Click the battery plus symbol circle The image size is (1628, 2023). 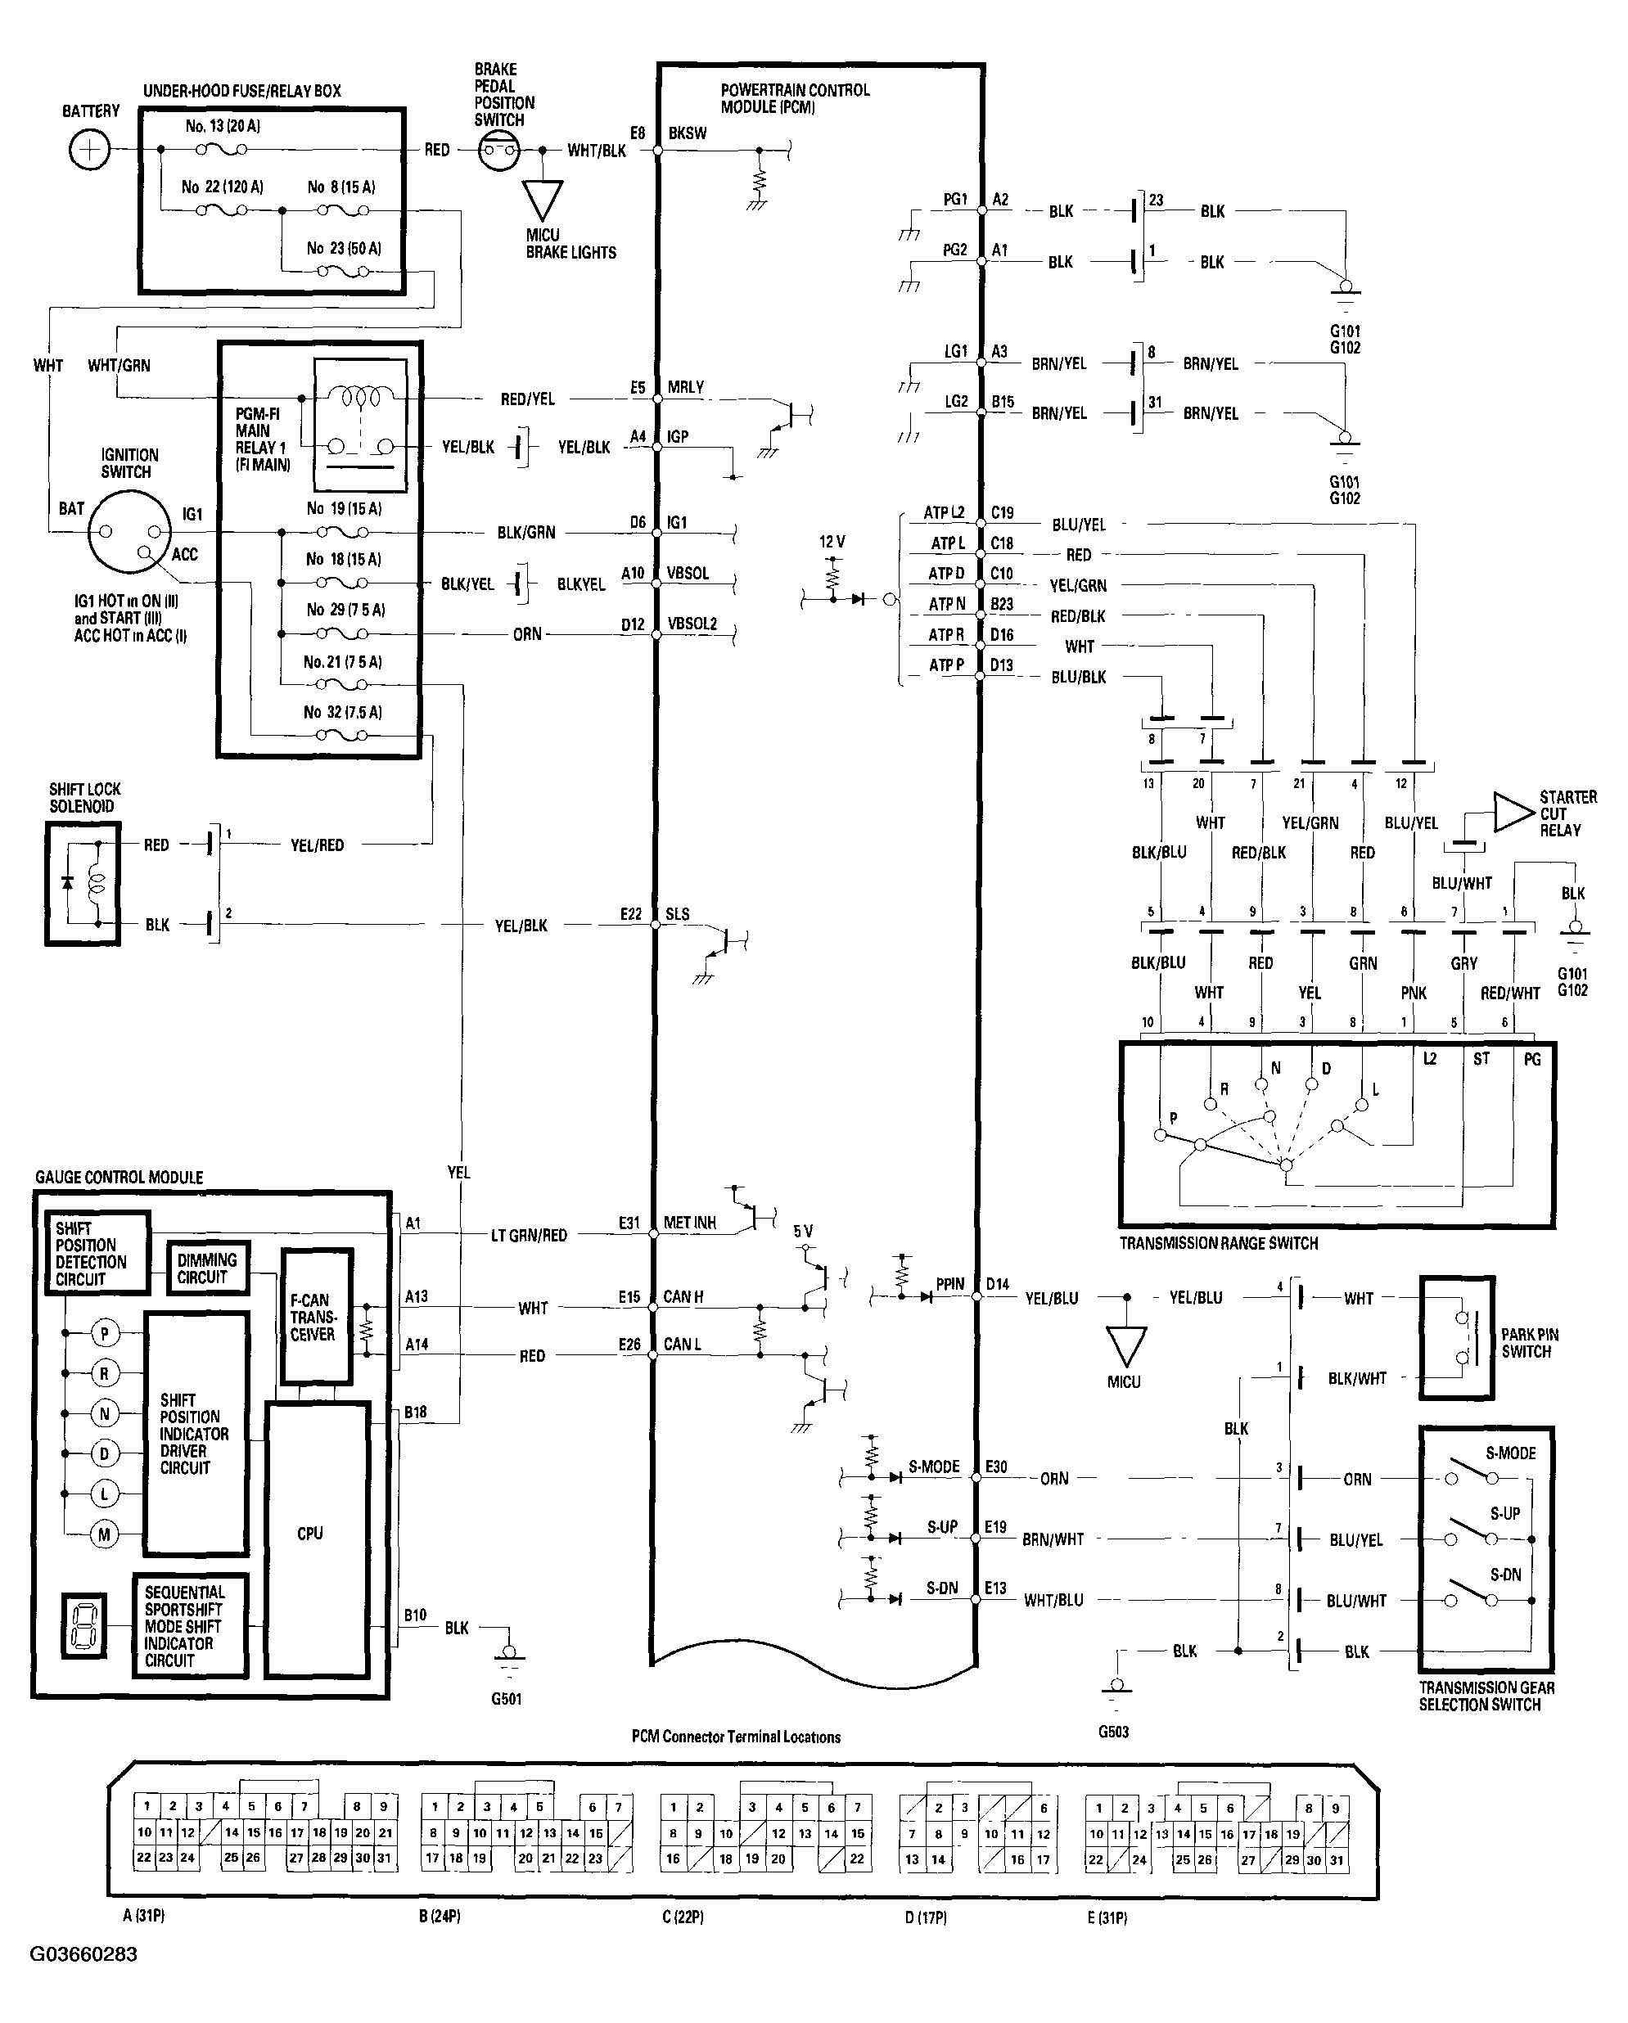(89, 149)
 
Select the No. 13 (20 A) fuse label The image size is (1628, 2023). (223, 126)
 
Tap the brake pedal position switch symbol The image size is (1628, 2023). (498, 150)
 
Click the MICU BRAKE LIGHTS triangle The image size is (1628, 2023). (543, 199)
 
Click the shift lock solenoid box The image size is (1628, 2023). (83, 883)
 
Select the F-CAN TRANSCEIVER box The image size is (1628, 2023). (317, 1317)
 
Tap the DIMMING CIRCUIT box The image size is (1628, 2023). (207, 1268)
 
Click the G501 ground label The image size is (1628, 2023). (507, 1699)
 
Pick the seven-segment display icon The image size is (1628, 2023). (83, 1625)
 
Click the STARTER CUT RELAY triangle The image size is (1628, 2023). (1512, 813)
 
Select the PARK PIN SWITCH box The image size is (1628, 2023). (1455, 1337)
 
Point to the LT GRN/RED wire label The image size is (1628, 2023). (530, 1236)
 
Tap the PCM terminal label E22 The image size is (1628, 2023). (630, 914)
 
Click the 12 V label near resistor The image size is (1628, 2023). (832, 543)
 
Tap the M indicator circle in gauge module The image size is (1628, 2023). (104, 1535)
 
